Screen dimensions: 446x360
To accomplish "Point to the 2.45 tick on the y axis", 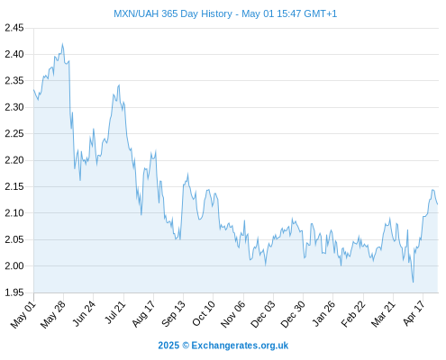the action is (14, 28).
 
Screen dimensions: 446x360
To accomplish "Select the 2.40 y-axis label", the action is (14, 54).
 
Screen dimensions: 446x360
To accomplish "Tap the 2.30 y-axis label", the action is (14, 107).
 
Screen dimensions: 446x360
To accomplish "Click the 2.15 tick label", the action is (14, 186).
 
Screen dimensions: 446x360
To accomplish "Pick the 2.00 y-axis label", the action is (14, 265).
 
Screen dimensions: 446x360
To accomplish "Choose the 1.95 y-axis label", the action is (14, 292).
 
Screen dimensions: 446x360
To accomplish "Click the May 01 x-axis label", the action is (23, 315).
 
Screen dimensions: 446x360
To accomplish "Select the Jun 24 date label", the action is (84, 313).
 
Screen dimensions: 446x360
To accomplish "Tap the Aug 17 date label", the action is (143, 314).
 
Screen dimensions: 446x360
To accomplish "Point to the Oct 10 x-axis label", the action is (204, 314).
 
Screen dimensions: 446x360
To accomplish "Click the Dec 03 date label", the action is (263, 314).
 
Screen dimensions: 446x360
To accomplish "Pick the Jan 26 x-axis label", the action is (323, 314).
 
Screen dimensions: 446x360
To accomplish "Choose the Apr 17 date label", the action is (414, 314).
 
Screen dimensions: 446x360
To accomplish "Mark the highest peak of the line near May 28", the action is (62, 44).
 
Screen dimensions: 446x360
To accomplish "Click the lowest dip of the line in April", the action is (414, 282).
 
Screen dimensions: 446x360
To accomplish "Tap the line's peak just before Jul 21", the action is (119, 85).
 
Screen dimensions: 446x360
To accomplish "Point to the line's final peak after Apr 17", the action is (432, 190).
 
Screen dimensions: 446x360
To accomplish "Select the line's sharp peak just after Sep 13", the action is (187, 174).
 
